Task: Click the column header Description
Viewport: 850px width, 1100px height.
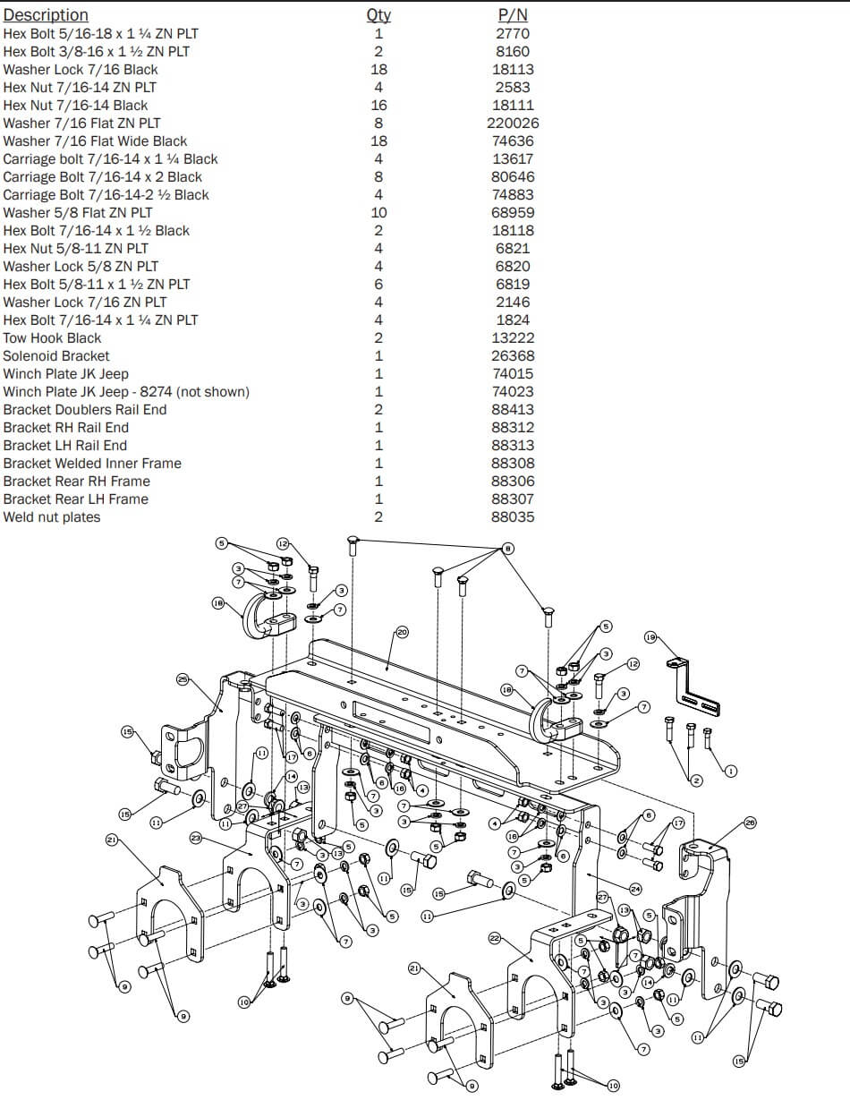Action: [46, 15]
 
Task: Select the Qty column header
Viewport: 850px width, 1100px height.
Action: [378, 15]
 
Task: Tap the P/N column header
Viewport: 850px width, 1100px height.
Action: [513, 15]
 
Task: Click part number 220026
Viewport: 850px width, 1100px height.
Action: [513, 123]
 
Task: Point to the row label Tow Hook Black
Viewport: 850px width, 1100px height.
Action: [52, 337]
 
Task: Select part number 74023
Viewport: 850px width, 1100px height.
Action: [513, 391]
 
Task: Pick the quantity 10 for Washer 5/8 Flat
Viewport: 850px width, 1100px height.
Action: [378, 212]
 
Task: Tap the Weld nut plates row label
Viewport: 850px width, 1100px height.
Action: [52, 516]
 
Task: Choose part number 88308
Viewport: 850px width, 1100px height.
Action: [513, 463]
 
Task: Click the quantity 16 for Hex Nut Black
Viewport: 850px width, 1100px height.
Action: [378, 105]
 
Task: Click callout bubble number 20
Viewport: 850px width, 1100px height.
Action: [402, 633]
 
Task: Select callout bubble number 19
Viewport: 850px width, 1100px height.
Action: [650, 637]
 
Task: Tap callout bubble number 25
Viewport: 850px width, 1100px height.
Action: [183, 679]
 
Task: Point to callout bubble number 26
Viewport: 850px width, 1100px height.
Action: [750, 822]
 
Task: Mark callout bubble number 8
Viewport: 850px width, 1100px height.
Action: [508, 548]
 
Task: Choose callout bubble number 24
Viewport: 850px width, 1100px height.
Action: [635, 889]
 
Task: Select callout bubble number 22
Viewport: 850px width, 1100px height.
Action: [495, 937]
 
